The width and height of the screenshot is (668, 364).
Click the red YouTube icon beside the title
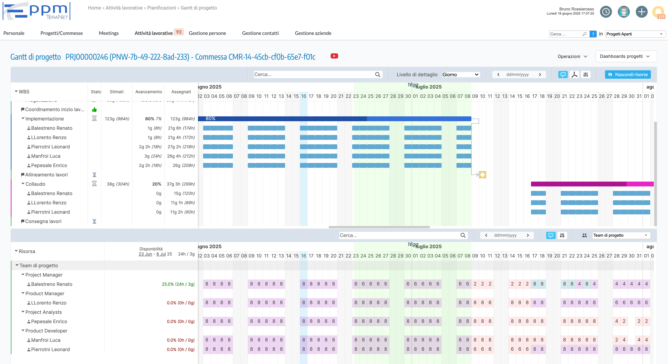point(334,56)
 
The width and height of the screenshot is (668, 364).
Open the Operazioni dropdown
point(572,56)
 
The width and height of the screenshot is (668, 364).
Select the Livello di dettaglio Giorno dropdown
point(460,75)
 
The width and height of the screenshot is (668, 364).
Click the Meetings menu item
point(108,33)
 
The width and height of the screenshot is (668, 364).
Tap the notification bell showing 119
point(658,12)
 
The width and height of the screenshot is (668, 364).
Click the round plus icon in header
point(641,12)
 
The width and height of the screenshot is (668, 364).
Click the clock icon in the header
point(606,12)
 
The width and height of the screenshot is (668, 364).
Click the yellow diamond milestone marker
point(482,175)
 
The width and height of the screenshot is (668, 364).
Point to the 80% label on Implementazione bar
point(210,118)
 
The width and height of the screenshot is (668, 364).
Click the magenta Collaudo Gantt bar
point(578,184)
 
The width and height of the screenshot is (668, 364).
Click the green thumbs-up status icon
point(94,110)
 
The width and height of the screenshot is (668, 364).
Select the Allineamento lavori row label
point(46,175)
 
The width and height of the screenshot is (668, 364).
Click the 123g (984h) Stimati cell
point(117,119)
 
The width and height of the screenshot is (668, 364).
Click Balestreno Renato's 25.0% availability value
point(178,284)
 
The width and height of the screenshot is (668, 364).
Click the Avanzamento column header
point(149,92)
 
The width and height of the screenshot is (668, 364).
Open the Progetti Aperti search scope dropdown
point(634,34)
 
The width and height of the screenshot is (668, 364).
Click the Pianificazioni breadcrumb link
point(161,8)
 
